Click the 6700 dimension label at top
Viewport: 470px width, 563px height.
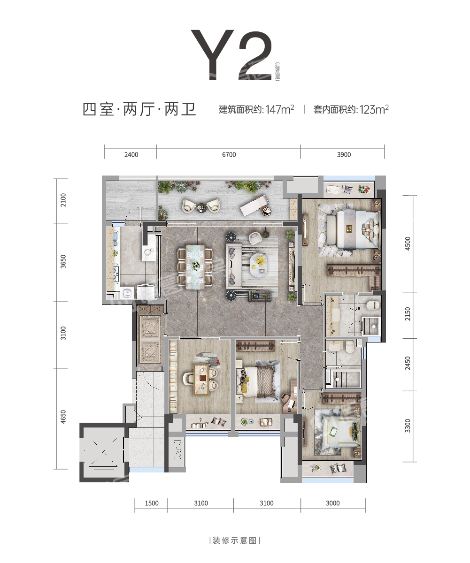click(x=229, y=154)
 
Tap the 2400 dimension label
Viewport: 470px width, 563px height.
click(x=131, y=154)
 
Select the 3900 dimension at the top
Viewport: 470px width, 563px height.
click(x=344, y=154)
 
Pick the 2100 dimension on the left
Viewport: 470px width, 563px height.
click(x=63, y=200)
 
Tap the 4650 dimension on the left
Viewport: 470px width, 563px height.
click(x=63, y=417)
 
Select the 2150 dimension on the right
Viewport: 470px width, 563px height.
click(x=408, y=314)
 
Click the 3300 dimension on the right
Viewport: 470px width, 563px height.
click(x=408, y=426)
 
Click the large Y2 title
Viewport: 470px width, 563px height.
click(x=231, y=55)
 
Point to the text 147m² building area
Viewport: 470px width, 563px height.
click(x=279, y=109)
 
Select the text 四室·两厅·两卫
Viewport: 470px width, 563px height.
click(x=139, y=109)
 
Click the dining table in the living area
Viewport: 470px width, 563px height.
click(x=194, y=266)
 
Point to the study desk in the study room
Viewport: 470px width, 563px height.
click(x=201, y=379)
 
